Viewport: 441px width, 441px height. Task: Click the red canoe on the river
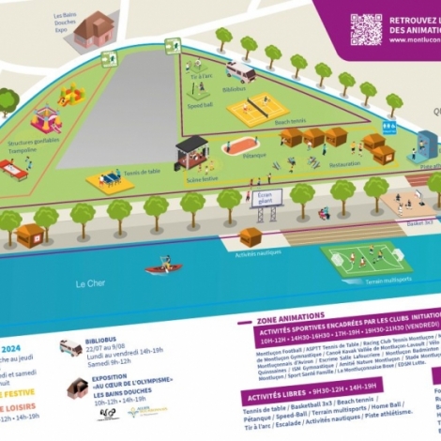[x=162, y=268]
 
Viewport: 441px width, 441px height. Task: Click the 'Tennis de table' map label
[x=142, y=172]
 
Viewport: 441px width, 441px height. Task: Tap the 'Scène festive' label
[x=201, y=177]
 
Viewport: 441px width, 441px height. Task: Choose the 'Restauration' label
[x=344, y=163]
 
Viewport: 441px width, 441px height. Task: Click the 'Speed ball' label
[x=199, y=106]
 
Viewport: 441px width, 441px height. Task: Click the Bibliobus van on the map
[x=240, y=71]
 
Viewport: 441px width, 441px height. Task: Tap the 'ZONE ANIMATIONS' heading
[x=291, y=316]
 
